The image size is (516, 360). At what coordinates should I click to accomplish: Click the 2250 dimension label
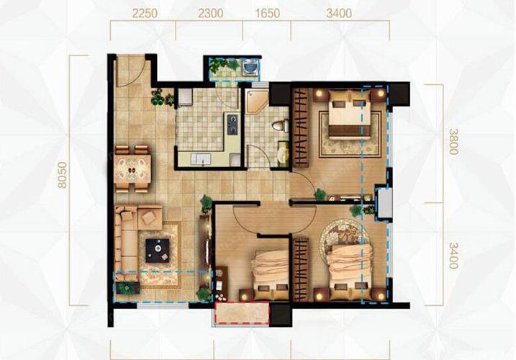click(145, 14)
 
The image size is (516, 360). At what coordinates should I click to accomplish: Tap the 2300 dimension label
click(211, 14)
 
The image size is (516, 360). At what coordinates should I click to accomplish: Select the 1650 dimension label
click(268, 14)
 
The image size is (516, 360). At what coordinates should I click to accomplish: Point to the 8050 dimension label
click(62, 175)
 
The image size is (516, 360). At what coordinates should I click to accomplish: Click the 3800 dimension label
click(454, 142)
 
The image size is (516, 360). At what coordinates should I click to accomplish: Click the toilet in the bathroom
click(280, 126)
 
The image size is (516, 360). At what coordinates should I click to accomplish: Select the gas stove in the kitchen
click(232, 124)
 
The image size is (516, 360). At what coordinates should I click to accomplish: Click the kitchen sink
click(201, 159)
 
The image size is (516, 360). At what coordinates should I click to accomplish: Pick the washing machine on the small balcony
click(250, 68)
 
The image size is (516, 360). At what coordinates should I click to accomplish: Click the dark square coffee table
click(158, 251)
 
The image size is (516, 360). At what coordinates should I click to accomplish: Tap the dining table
click(133, 168)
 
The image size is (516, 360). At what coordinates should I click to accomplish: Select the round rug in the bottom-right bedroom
click(344, 235)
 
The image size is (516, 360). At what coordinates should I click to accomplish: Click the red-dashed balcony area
click(242, 313)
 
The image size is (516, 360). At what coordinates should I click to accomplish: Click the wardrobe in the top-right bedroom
click(301, 127)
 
